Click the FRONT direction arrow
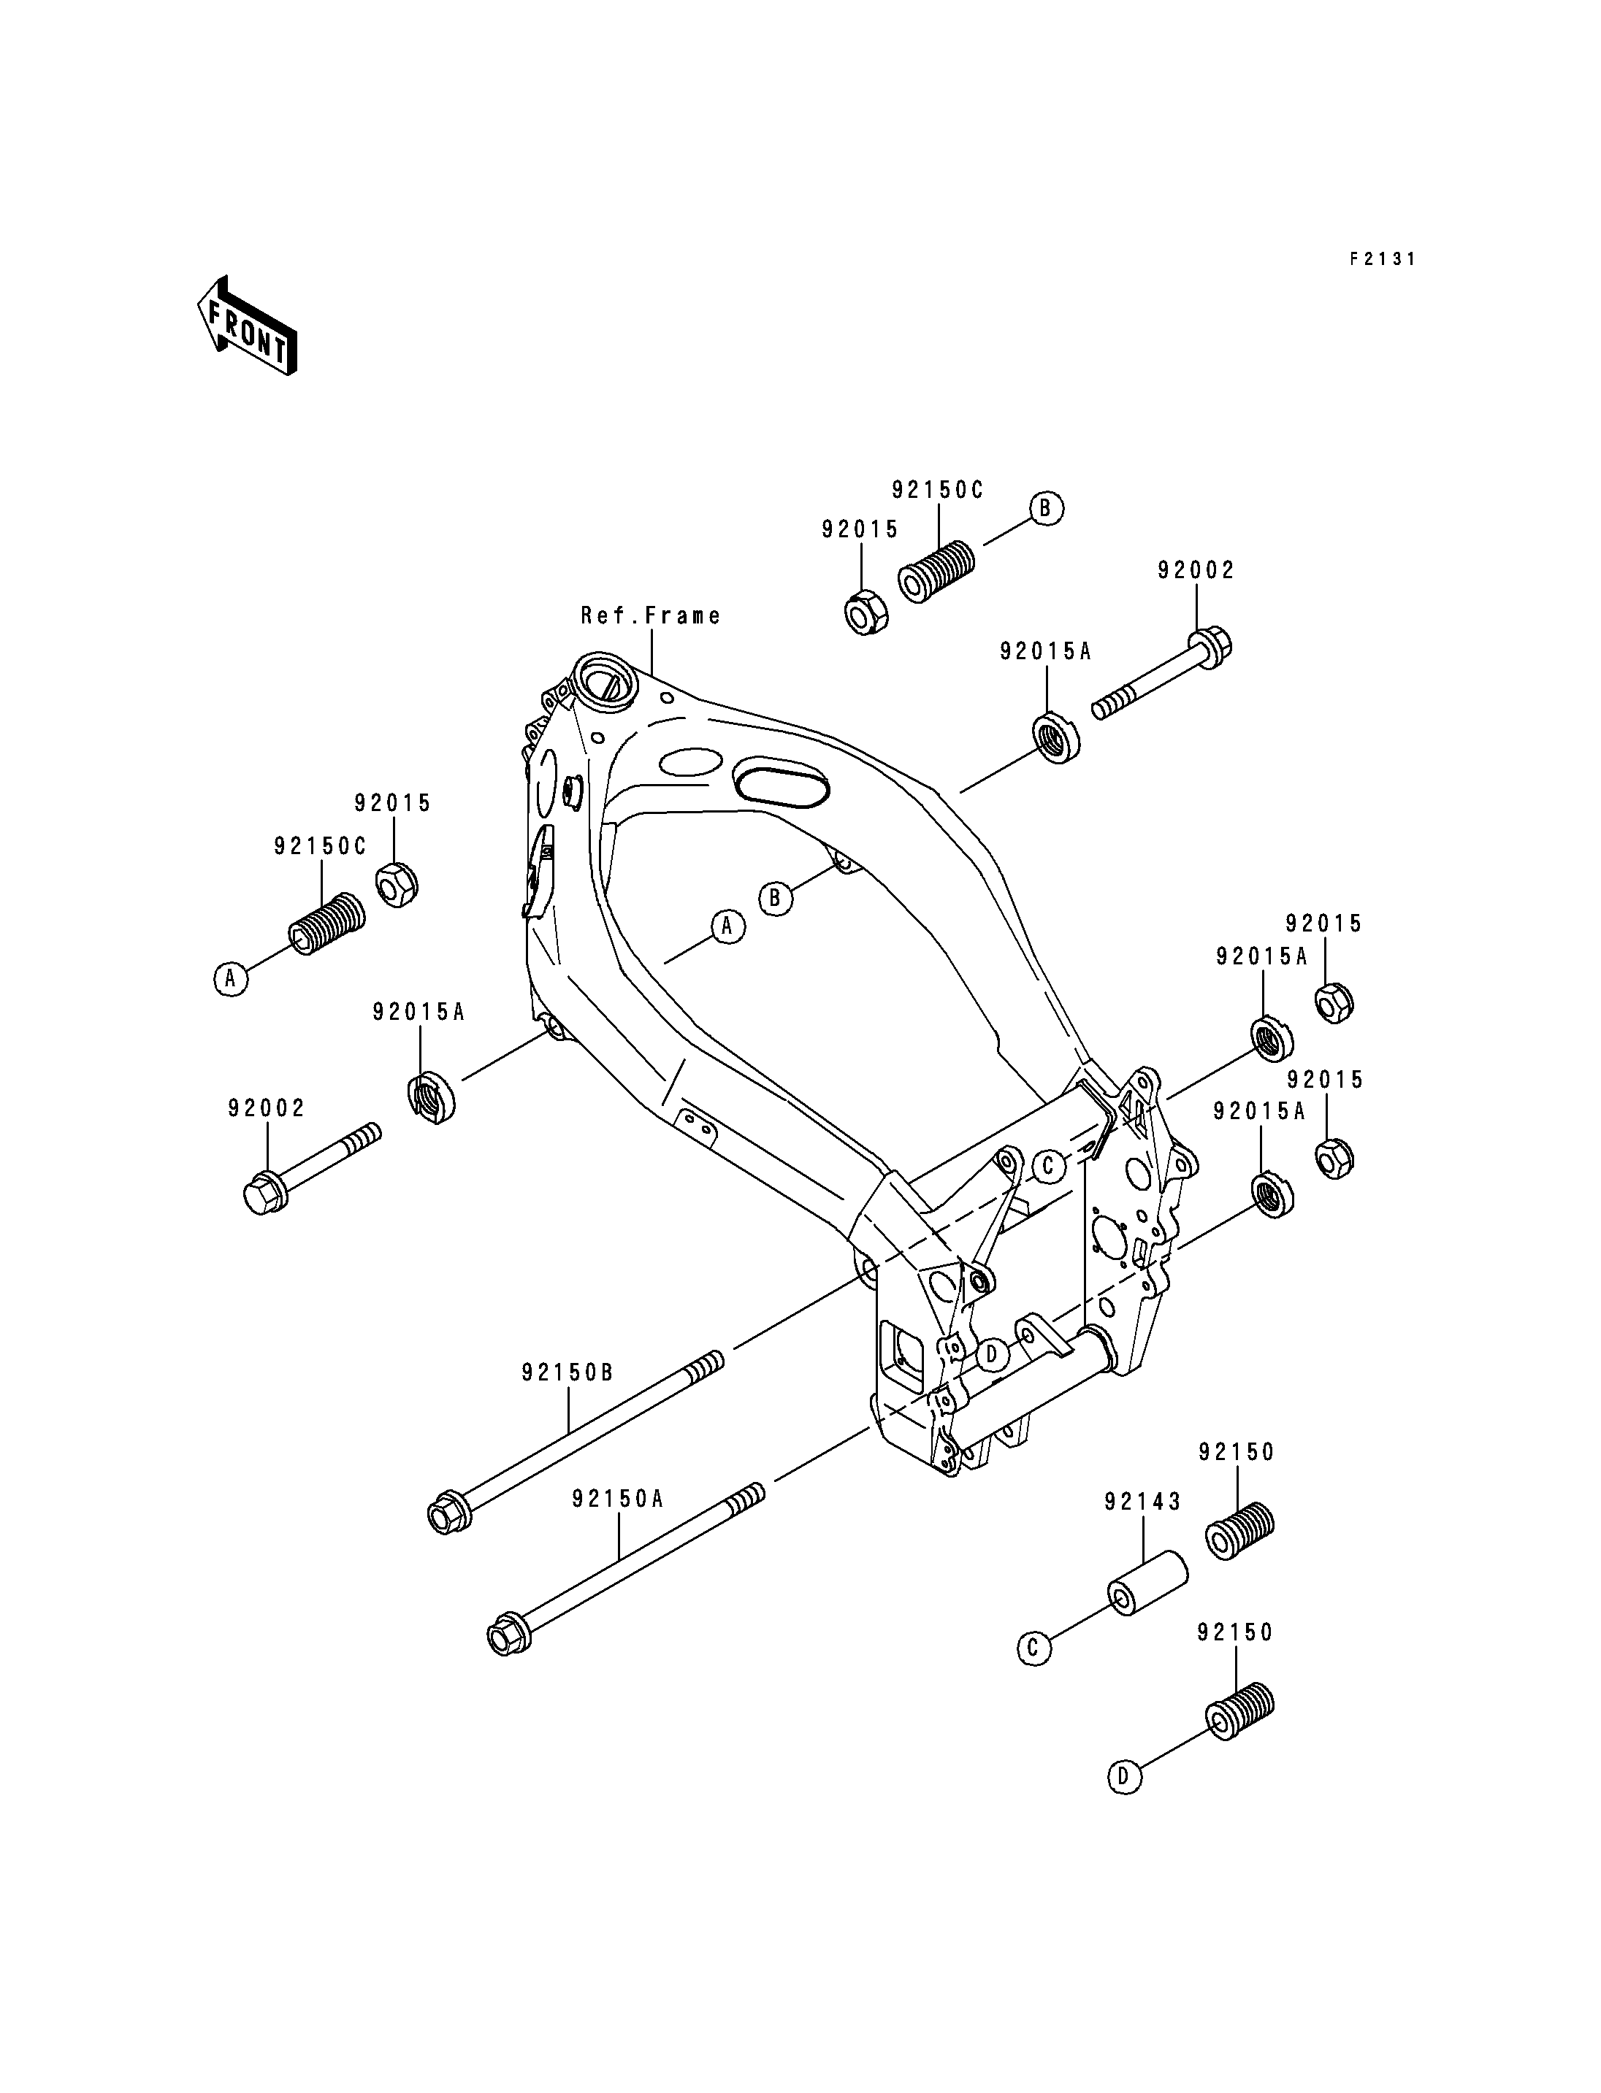[x=247, y=327]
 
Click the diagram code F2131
[x=1382, y=258]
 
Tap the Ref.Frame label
[x=651, y=615]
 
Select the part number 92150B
[x=568, y=1372]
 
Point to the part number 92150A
[x=617, y=1499]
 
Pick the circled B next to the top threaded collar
[x=1045, y=508]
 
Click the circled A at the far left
[x=229, y=978]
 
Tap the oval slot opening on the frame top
[x=781, y=784]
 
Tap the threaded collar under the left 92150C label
[x=326, y=924]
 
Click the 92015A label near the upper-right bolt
[x=1045, y=652]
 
